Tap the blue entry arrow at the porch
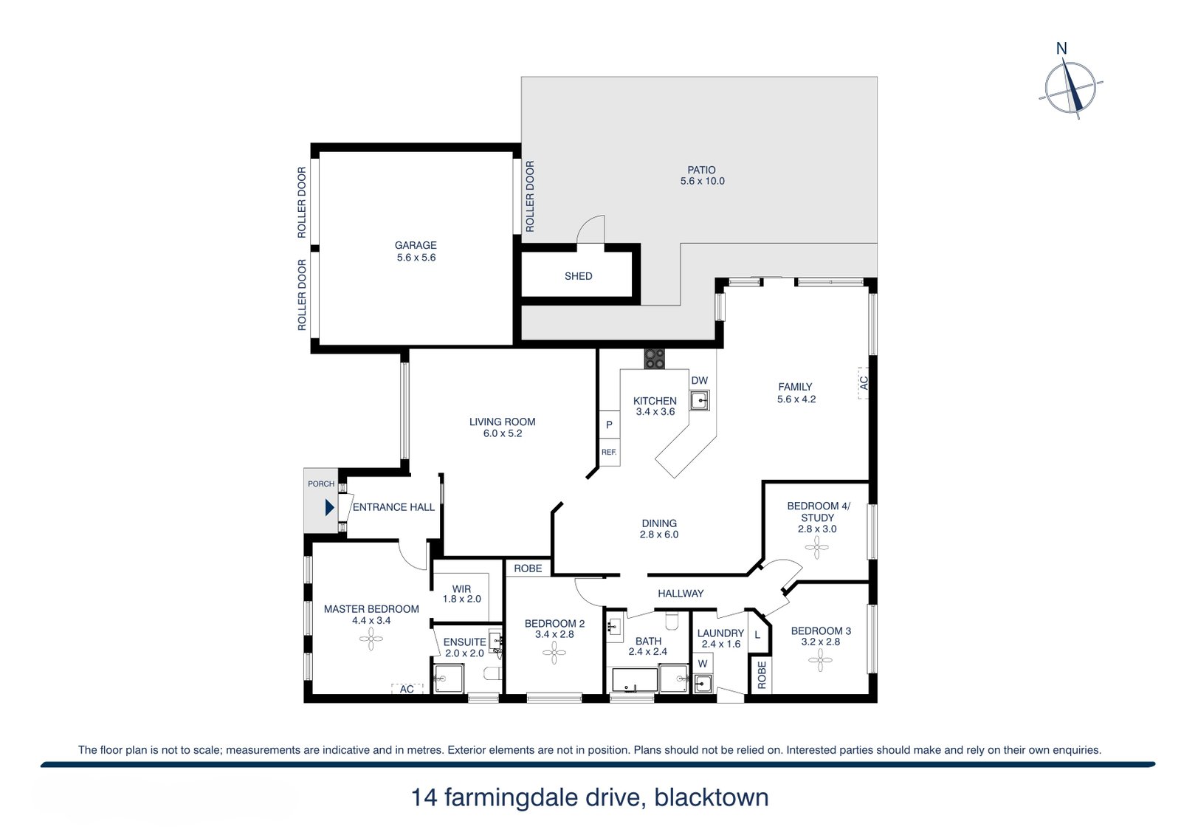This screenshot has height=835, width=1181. coord(329,507)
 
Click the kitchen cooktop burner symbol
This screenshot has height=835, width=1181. coord(654,359)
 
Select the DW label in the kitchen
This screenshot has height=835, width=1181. coord(699,380)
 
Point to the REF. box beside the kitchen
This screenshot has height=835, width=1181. coord(609,452)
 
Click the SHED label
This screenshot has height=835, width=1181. coord(579,276)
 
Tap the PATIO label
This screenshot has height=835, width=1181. coord(701,170)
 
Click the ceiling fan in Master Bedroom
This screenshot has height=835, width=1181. coord(371,639)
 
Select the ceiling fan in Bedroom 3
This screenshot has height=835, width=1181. coord(820,660)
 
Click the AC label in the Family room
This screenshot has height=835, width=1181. coord(863,383)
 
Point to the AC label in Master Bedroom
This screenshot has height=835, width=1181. coord(407,689)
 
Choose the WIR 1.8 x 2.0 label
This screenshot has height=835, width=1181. coord(462,594)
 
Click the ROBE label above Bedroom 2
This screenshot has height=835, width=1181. coord(528,568)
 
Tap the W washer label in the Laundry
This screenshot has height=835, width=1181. coord(703,664)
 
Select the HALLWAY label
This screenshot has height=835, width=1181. coord(681,594)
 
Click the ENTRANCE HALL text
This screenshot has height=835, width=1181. coord(394,507)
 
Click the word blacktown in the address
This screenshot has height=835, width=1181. coord(712,797)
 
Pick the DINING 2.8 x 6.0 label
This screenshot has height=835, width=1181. coord(659,529)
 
